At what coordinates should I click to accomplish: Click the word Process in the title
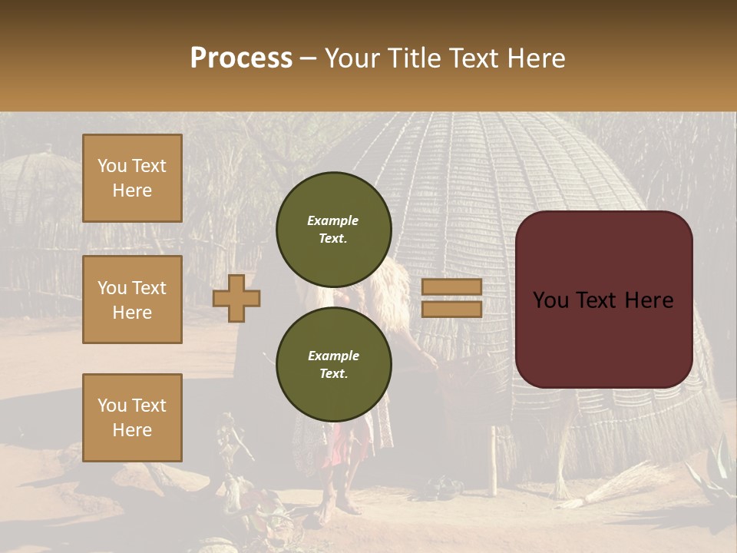click(241, 58)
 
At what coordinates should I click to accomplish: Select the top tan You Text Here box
click(132, 178)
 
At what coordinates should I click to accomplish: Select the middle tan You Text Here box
click(132, 300)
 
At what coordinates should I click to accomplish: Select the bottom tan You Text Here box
click(132, 417)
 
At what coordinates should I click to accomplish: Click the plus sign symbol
click(236, 298)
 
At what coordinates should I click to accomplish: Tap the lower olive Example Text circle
click(333, 364)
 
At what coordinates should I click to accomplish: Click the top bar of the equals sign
click(451, 287)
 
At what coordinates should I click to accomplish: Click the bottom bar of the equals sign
click(451, 309)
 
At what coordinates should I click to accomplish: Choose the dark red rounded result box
click(603, 300)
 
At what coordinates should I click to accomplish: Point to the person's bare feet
click(338, 503)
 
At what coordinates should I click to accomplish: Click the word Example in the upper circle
click(332, 220)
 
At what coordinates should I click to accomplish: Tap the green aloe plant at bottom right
click(714, 469)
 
